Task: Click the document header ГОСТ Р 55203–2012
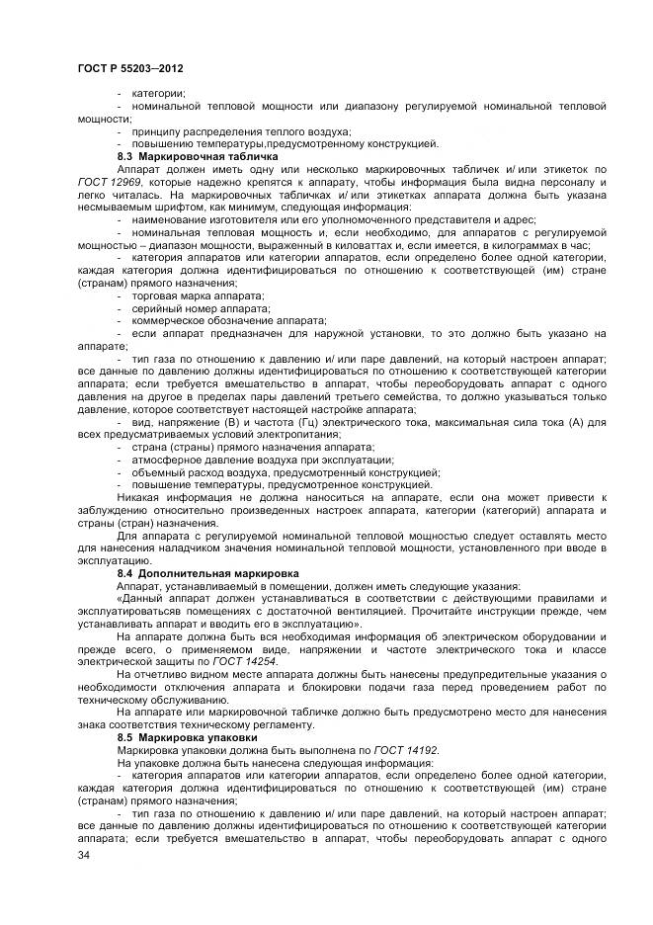pyautogui.click(x=131, y=68)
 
